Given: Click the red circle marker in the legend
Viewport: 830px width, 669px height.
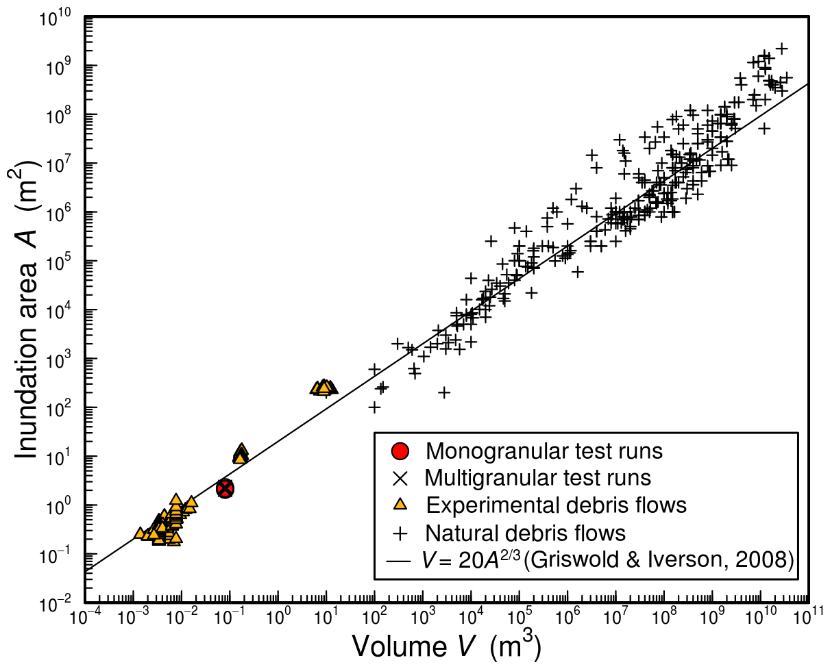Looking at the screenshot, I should [400, 451].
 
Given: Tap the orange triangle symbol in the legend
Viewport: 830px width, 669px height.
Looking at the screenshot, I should [400, 504].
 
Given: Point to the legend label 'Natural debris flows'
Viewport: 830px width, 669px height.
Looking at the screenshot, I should [526, 532].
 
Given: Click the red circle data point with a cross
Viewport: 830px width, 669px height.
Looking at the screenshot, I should [225, 488].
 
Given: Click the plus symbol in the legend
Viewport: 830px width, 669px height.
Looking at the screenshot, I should [400, 532].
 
